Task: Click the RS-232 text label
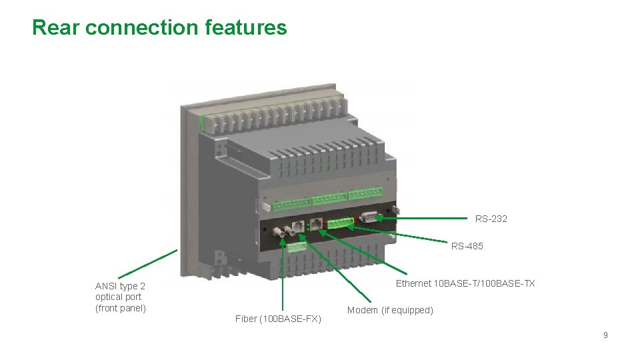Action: click(491, 219)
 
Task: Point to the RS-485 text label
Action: click(467, 246)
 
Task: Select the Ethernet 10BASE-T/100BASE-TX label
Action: click(465, 283)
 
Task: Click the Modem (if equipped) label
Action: click(390, 310)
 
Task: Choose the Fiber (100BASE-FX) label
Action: click(278, 319)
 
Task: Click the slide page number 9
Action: click(605, 335)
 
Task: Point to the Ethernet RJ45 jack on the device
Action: click(317, 224)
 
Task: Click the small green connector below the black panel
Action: click(296, 246)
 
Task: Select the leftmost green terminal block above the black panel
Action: click(292, 201)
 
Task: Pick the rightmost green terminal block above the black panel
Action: click(365, 195)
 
